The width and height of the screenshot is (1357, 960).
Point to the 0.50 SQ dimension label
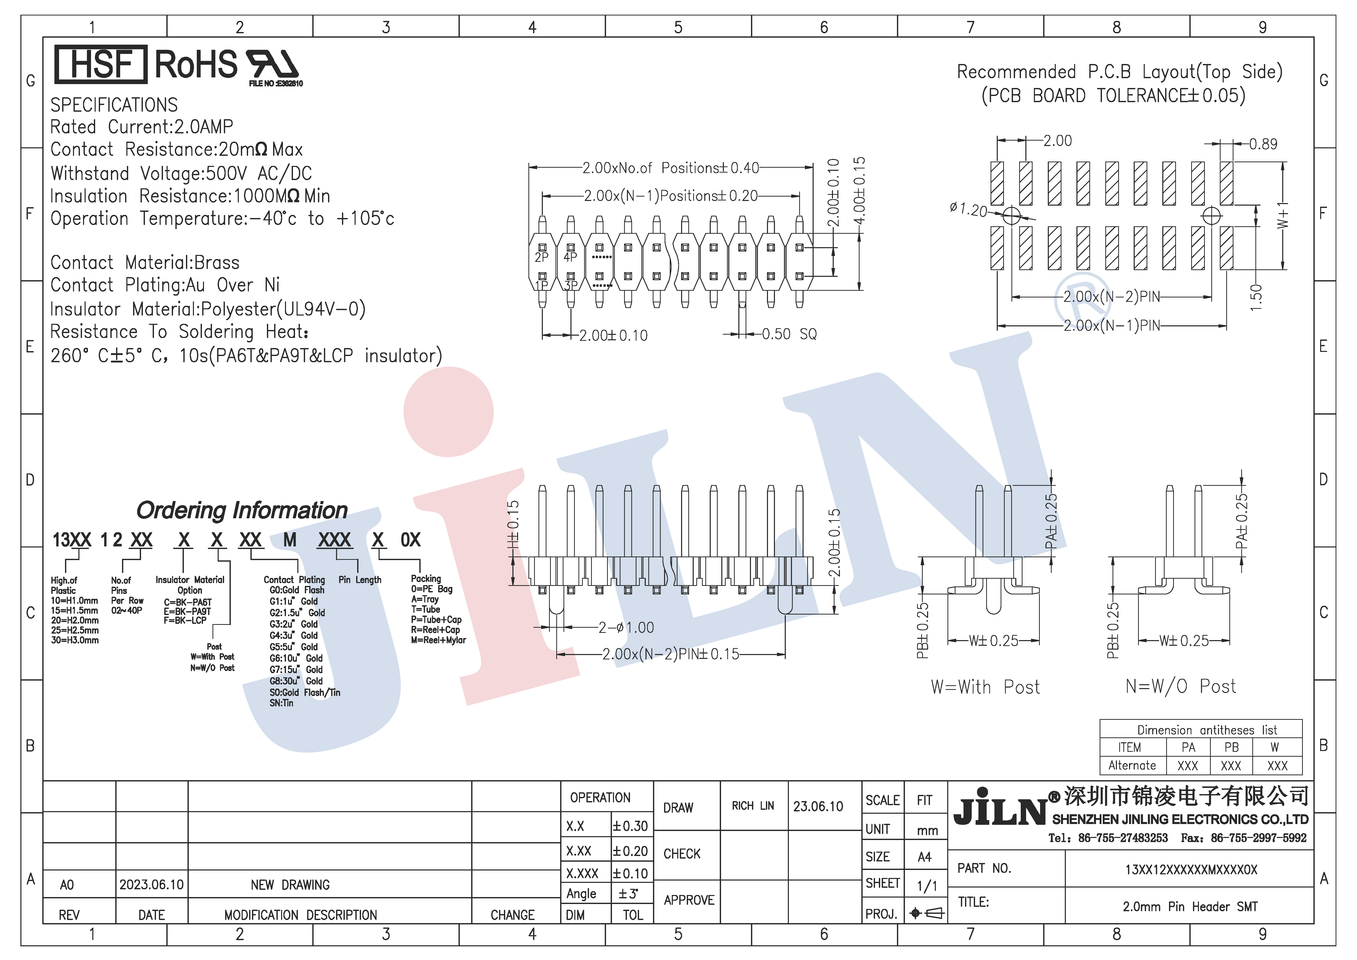click(788, 335)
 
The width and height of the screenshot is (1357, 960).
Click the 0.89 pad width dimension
click(1263, 144)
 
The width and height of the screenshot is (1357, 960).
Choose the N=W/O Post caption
click(1180, 686)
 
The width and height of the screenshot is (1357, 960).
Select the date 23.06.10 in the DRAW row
click(818, 806)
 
